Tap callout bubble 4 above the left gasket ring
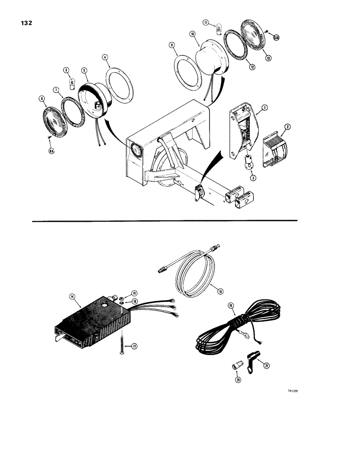coord(105,58)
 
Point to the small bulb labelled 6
coord(66,83)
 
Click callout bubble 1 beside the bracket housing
coord(264,107)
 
